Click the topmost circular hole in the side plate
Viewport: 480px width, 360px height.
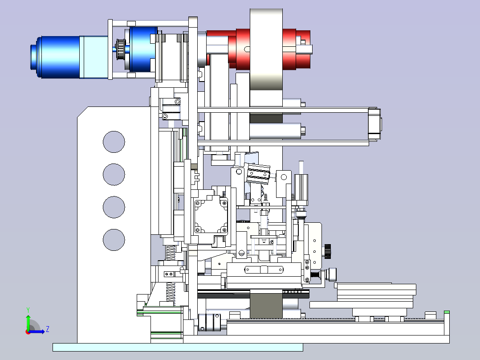(114, 142)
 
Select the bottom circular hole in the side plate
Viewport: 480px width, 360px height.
(114, 240)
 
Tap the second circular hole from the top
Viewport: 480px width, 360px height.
(114, 174)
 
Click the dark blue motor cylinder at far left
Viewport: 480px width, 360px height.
(55, 57)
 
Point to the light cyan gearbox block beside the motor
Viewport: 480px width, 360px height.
(94, 57)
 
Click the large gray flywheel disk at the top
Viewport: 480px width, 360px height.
(266, 49)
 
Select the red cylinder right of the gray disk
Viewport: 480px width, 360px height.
(297, 49)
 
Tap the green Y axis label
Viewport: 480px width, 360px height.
(28, 310)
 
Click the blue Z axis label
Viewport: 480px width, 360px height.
(48, 329)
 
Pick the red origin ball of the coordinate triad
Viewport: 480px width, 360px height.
(28, 332)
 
